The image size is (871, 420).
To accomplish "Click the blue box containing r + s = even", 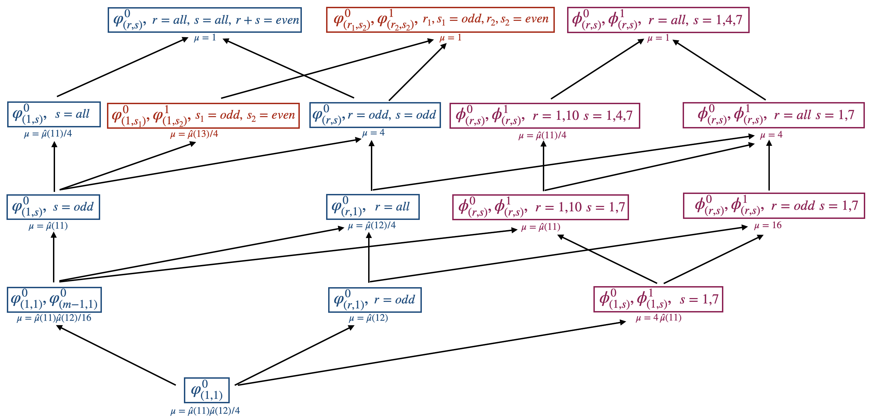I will (204, 20).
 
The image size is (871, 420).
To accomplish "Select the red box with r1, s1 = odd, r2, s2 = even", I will (440, 20).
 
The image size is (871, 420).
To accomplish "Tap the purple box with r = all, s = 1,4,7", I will (658, 20).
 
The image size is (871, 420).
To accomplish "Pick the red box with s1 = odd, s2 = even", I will (203, 116).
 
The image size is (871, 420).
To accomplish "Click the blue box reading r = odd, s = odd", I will (375, 115).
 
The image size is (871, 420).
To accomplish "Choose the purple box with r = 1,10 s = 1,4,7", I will (545, 116).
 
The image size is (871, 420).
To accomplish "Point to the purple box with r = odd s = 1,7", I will (774, 206).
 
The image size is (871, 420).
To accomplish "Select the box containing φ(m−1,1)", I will (54, 300).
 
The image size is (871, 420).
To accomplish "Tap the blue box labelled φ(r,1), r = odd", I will (375, 300).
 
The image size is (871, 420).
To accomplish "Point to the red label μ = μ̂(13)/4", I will (194, 134).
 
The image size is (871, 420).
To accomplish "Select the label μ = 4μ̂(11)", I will (658, 318).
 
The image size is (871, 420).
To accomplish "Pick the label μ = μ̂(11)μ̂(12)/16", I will (54, 318).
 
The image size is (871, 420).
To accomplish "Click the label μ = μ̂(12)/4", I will (372, 226).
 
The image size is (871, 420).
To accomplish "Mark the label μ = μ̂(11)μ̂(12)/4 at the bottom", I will (205, 411).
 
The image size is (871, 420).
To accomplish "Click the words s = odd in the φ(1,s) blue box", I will (73, 207).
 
